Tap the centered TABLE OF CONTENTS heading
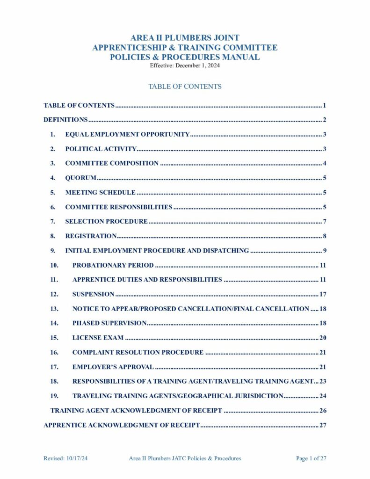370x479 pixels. [x=185, y=87]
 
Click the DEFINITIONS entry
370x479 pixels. [x=65, y=120]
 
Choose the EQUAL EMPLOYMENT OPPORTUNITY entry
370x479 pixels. [x=127, y=135]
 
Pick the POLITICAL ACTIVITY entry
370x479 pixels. [x=101, y=149]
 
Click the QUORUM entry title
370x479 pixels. [x=80, y=178]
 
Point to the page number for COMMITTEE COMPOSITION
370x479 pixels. [x=324, y=163]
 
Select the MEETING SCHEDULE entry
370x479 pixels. [x=100, y=192]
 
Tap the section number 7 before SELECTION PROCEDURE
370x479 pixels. [x=53, y=221]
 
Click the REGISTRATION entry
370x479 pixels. [x=91, y=236]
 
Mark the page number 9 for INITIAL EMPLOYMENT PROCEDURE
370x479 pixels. [x=324, y=251]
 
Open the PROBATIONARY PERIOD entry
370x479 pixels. [x=113, y=265]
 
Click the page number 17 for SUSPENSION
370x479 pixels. [x=322, y=294]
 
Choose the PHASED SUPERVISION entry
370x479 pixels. [x=109, y=323]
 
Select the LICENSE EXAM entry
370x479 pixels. [x=98, y=338]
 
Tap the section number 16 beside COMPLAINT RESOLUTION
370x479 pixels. [x=54, y=352]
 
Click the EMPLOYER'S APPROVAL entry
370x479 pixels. [x=113, y=367]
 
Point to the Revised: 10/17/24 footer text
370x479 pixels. [x=65, y=458]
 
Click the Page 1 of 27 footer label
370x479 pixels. [x=311, y=458]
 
